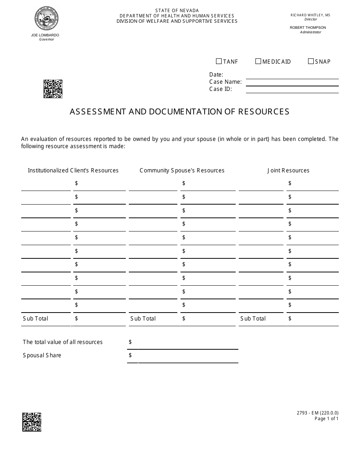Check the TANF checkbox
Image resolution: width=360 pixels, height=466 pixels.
coord(219,61)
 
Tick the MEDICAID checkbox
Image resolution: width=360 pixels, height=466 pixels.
coord(258,61)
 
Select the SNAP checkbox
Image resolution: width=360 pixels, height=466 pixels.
coord(311,61)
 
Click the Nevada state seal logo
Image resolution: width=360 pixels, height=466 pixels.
coord(47,19)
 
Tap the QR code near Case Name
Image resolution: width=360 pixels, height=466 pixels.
coord(53,89)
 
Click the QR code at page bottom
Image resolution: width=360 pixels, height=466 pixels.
coord(32,422)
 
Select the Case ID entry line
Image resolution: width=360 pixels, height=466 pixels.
coord(292,89)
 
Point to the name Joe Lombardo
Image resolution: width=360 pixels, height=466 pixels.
coord(45,35)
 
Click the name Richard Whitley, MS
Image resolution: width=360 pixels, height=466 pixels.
coord(310,15)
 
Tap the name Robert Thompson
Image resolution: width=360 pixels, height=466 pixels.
coord(308,28)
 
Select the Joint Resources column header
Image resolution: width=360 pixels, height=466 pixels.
coord(288,170)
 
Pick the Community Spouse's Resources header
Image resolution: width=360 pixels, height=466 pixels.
coord(182,170)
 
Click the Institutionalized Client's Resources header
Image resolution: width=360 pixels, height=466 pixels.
coord(73,170)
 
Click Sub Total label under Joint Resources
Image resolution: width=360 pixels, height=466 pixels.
coord(253,319)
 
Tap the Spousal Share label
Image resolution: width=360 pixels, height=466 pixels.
coord(42,355)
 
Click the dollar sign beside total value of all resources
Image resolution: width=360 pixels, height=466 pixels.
coord(130,342)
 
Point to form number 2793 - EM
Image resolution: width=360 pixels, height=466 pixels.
coord(326,413)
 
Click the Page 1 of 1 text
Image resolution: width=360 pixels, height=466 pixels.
coord(326,419)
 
